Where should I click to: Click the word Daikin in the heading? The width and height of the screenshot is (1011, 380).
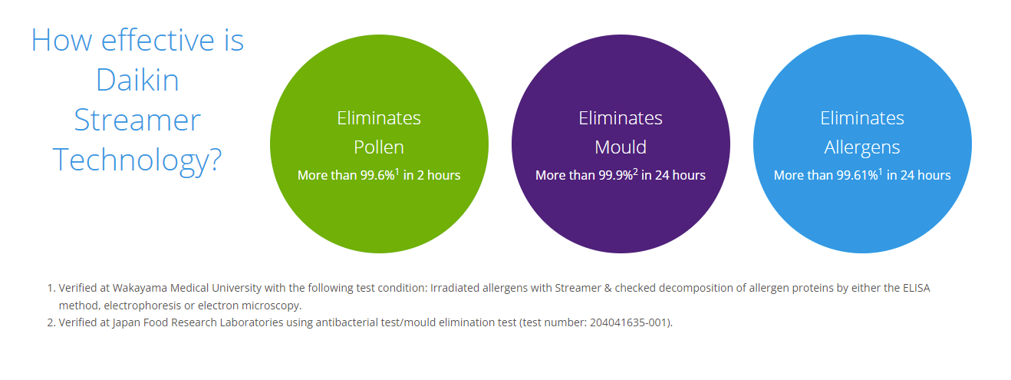point(137,80)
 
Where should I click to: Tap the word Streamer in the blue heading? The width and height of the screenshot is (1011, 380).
point(137,121)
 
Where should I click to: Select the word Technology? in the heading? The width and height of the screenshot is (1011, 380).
point(137,160)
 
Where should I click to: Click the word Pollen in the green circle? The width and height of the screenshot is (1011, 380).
point(379,147)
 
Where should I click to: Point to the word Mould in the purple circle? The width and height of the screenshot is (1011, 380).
point(621,147)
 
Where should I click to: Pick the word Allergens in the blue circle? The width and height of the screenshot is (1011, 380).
point(862,147)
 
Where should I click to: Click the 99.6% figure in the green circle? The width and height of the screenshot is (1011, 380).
point(377,175)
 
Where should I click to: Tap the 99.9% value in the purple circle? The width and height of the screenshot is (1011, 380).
point(616,175)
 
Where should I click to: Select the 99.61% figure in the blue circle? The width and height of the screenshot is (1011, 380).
point(857,175)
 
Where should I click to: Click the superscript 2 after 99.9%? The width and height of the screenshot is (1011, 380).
point(635,172)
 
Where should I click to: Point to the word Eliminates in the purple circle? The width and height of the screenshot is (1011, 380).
point(621,118)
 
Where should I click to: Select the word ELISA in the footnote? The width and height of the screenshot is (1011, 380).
point(916,288)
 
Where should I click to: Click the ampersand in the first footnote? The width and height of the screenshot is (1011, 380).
point(608,288)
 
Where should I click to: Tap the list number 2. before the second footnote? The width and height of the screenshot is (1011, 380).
point(51,322)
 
